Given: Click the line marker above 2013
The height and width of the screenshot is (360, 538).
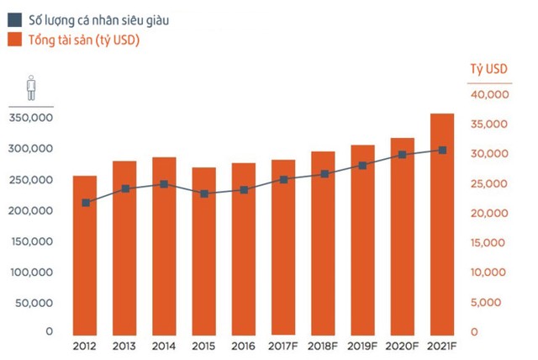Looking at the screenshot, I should pos(124,188).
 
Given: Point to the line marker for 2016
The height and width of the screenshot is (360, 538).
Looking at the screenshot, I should pos(244,190).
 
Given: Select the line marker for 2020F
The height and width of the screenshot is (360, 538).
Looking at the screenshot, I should pos(403,155).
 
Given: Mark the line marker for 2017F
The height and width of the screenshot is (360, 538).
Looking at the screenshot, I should pos(283,179).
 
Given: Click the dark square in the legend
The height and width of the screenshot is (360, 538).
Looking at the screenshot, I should pos(14,19).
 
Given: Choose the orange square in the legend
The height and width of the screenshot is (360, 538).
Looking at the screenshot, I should pos(14,38).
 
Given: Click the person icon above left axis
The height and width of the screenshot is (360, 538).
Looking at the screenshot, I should pos(31,87).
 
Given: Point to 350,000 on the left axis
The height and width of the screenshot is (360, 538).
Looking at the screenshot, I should pos(31,118).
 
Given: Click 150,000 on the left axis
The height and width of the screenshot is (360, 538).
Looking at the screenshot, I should pos(31,241).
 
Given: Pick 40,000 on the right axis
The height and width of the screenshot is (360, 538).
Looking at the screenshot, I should pos(488,95).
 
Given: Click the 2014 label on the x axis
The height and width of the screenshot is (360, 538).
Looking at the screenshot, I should pos(164,345).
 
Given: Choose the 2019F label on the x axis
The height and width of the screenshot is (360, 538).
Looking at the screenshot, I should pos(363,345).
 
